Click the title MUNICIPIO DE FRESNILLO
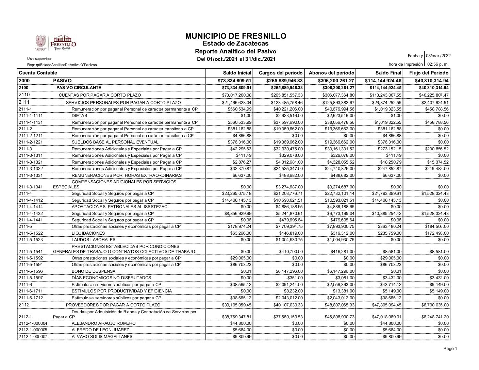[x=236, y=36]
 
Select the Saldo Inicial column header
[x=237, y=73]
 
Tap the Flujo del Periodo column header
[x=429, y=73]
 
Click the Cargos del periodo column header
[x=281, y=73]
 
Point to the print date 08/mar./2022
[x=438, y=56]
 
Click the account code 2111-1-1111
[x=30, y=116]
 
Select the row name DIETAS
[x=79, y=116]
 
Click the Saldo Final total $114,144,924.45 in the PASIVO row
[x=383, y=81]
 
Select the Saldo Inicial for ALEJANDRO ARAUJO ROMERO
[x=242, y=323]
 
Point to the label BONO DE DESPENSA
[x=93, y=271]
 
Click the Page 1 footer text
[x=450, y=349]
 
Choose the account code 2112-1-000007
[x=33, y=336]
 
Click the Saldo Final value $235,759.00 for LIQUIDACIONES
[x=390, y=233]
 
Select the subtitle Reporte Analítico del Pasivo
[x=235, y=51]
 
